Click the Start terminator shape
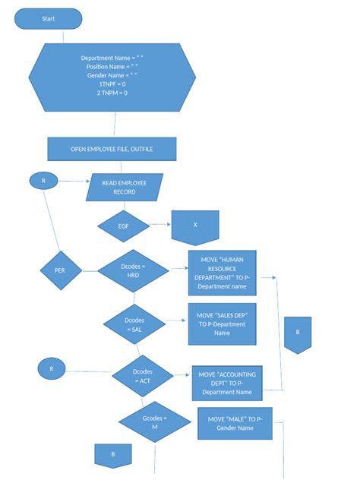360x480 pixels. (x=49, y=19)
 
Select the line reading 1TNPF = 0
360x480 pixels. (x=112, y=84)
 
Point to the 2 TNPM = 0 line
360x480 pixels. (x=112, y=93)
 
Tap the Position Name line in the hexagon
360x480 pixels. (x=112, y=67)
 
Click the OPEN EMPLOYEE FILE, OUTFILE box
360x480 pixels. (x=112, y=149)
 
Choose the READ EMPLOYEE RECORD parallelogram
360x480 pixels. (x=125, y=188)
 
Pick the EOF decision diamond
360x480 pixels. (x=123, y=226)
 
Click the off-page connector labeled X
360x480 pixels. (x=195, y=228)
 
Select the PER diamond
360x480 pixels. (x=61, y=270)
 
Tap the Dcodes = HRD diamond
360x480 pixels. (x=133, y=271)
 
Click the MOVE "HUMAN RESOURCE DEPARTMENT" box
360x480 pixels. (x=223, y=273)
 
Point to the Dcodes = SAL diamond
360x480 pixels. (x=134, y=324)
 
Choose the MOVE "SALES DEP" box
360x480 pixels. (x=223, y=324)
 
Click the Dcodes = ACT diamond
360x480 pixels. (x=143, y=376)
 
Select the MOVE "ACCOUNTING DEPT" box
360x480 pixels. (x=227, y=384)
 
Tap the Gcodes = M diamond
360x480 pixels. (x=155, y=422)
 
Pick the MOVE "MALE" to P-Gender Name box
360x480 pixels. (x=235, y=423)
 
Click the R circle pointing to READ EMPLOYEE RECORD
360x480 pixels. (x=43, y=181)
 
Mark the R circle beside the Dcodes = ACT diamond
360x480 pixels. (x=52, y=369)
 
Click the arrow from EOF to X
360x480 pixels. (x=160, y=224)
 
